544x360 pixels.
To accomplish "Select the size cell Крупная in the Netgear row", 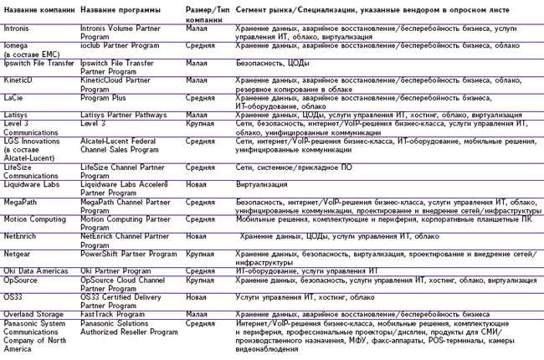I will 199,252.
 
